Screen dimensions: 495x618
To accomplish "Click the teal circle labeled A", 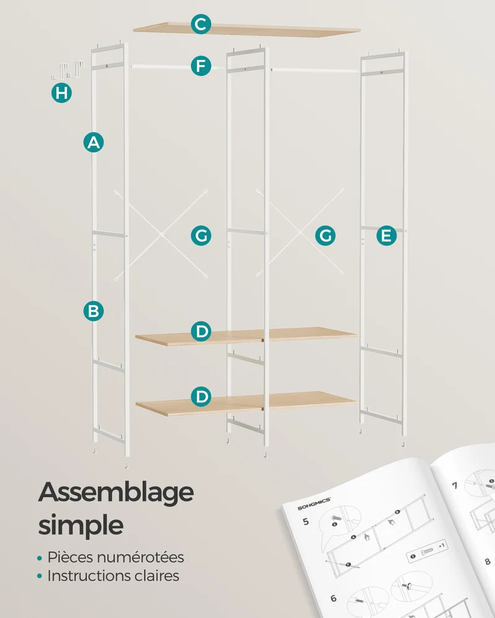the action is click(x=93, y=142).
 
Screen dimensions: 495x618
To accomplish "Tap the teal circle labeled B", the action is click(x=93, y=311).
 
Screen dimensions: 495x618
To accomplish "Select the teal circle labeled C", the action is click(x=201, y=24).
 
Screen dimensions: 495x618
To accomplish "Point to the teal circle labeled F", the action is click(x=201, y=66).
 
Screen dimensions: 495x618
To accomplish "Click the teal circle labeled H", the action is click(x=62, y=93).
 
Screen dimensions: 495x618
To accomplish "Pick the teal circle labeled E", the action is click(x=387, y=235).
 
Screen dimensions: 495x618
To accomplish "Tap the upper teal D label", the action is click(x=201, y=331).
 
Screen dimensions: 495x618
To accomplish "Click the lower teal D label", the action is click(x=201, y=397).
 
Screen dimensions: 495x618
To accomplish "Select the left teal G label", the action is click(x=201, y=235).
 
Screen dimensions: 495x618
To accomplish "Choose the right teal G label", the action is click(x=325, y=235).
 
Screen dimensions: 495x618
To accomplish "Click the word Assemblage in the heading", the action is click(x=116, y=493).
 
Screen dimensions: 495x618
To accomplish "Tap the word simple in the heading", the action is click(x=81, y=525).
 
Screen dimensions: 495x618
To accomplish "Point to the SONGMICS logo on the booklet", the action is click(x=314, y=504).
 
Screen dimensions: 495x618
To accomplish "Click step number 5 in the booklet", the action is click(x=306, y=522).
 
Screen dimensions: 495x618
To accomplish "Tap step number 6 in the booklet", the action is click(x=334, y=598).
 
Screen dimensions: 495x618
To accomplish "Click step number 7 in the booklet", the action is click(x=455, y=485).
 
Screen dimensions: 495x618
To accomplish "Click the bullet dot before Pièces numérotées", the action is click(x=40, y=558).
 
